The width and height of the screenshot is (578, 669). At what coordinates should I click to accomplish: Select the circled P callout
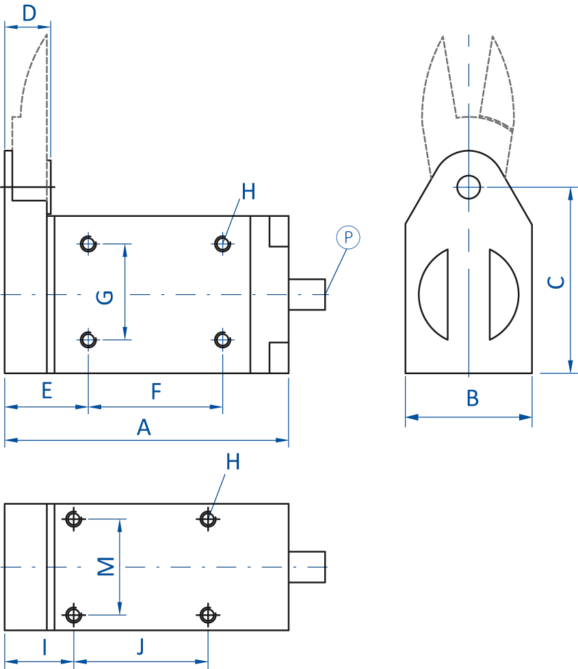[347, 238]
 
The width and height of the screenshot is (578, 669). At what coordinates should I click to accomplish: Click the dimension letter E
[47, 391]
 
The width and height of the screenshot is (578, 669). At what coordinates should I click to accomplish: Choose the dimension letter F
[156, 391]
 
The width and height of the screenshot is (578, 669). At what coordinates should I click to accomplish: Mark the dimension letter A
[144, 428]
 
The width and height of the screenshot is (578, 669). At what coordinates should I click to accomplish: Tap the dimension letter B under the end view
[473, 398]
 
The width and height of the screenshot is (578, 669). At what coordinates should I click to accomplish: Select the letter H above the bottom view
[233, 462]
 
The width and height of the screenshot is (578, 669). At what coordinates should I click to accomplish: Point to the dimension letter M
[104, 566]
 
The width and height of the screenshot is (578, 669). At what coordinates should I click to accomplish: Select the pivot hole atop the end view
[468, 184]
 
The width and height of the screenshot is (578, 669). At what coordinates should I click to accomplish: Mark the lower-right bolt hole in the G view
[222, 338]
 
